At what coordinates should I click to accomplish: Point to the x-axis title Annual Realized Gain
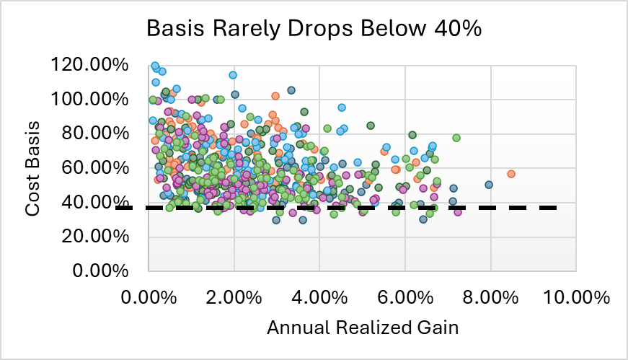[363, 327]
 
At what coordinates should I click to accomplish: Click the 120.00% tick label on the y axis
[90, 66]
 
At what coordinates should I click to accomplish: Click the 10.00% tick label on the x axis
[575, 297]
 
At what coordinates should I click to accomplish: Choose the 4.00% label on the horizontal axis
[319, 297]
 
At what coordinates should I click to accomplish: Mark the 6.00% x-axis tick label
[404, 297]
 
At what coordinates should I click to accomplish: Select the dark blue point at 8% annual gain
[488, 185]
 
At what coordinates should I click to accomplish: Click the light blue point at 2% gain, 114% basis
[233, 75]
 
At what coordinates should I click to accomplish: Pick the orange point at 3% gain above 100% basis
[275, 96]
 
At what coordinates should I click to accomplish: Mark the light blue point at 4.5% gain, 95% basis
[342, 107]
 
